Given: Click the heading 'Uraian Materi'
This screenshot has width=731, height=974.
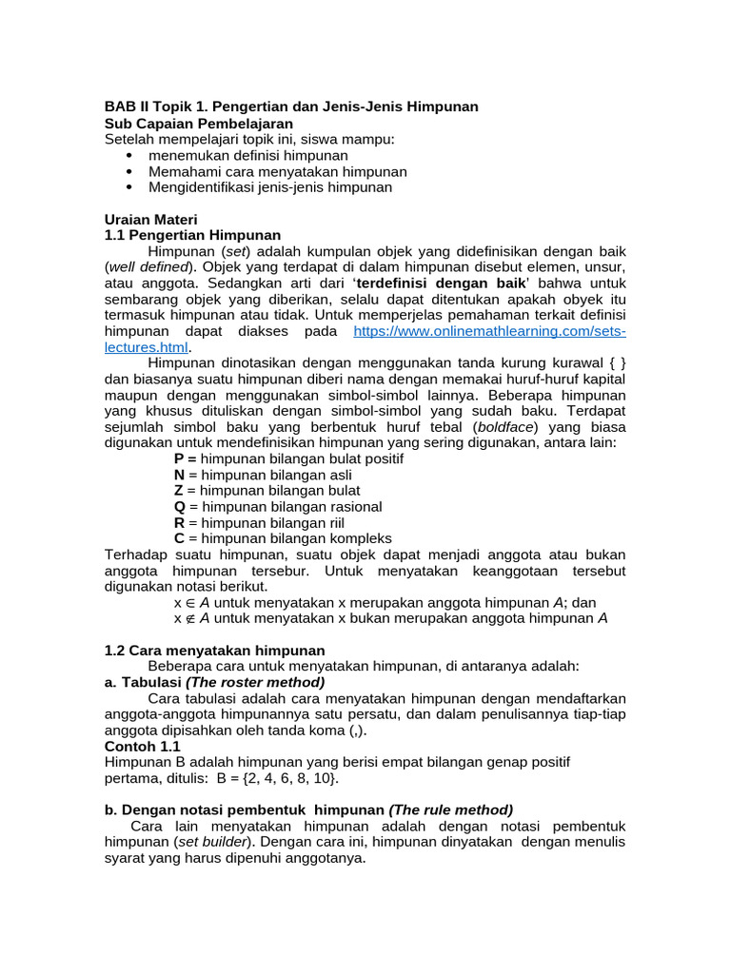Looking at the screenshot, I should (150, 219).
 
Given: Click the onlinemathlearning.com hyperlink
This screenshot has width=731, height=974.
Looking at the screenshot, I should (489, 331).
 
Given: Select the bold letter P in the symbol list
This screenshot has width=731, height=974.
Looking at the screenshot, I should (179, 458).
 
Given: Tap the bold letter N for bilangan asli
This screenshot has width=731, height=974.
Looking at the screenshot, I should (179, 475).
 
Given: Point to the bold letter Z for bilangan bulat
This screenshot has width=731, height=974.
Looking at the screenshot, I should (178, 491).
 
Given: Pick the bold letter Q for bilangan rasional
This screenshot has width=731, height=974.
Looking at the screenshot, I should (179, 507).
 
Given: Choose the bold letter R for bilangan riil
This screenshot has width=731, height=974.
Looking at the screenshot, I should (179, 523).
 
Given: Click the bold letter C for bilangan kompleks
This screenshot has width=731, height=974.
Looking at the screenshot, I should (179, 538).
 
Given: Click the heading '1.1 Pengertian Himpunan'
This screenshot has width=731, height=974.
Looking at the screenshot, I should (192, 235).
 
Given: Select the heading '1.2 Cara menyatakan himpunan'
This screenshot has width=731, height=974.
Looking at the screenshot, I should (201, 650).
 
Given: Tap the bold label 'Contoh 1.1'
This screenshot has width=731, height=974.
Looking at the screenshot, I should (142, 747).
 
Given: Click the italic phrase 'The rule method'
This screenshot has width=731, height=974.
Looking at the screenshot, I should (451, 809).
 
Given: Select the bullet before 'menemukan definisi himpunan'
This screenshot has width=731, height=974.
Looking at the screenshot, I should (129, 155).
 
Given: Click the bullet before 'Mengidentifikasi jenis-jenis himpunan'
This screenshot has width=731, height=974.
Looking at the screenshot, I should (129, 187).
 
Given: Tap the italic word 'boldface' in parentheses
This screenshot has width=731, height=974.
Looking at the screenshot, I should (504, 427).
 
